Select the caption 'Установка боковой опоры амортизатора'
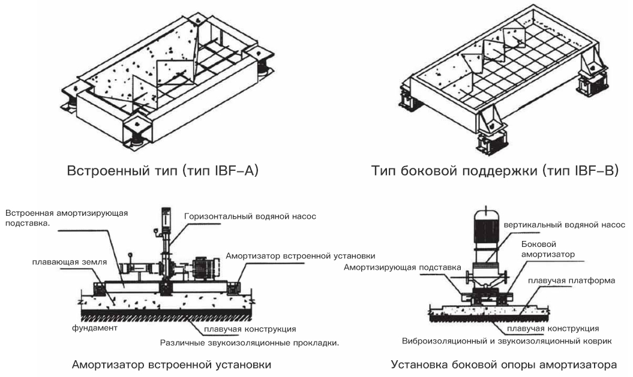(503, 365)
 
